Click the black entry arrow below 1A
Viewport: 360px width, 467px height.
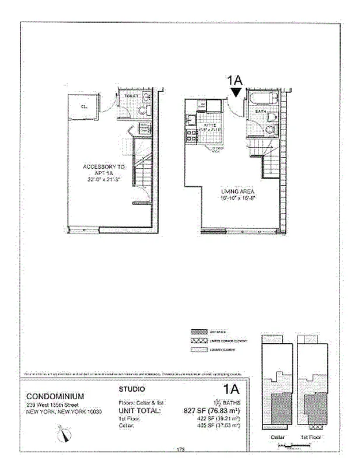click(x=236, y=92)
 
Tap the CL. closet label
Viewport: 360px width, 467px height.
click(x=83, y=107)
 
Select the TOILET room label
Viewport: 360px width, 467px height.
click(x=131, y=95)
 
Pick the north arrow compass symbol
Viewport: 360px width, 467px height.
click(x=65, y=433)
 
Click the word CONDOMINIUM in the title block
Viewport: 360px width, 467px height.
click(x=55, y=396)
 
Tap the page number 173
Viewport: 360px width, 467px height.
click(x=180, y=449)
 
